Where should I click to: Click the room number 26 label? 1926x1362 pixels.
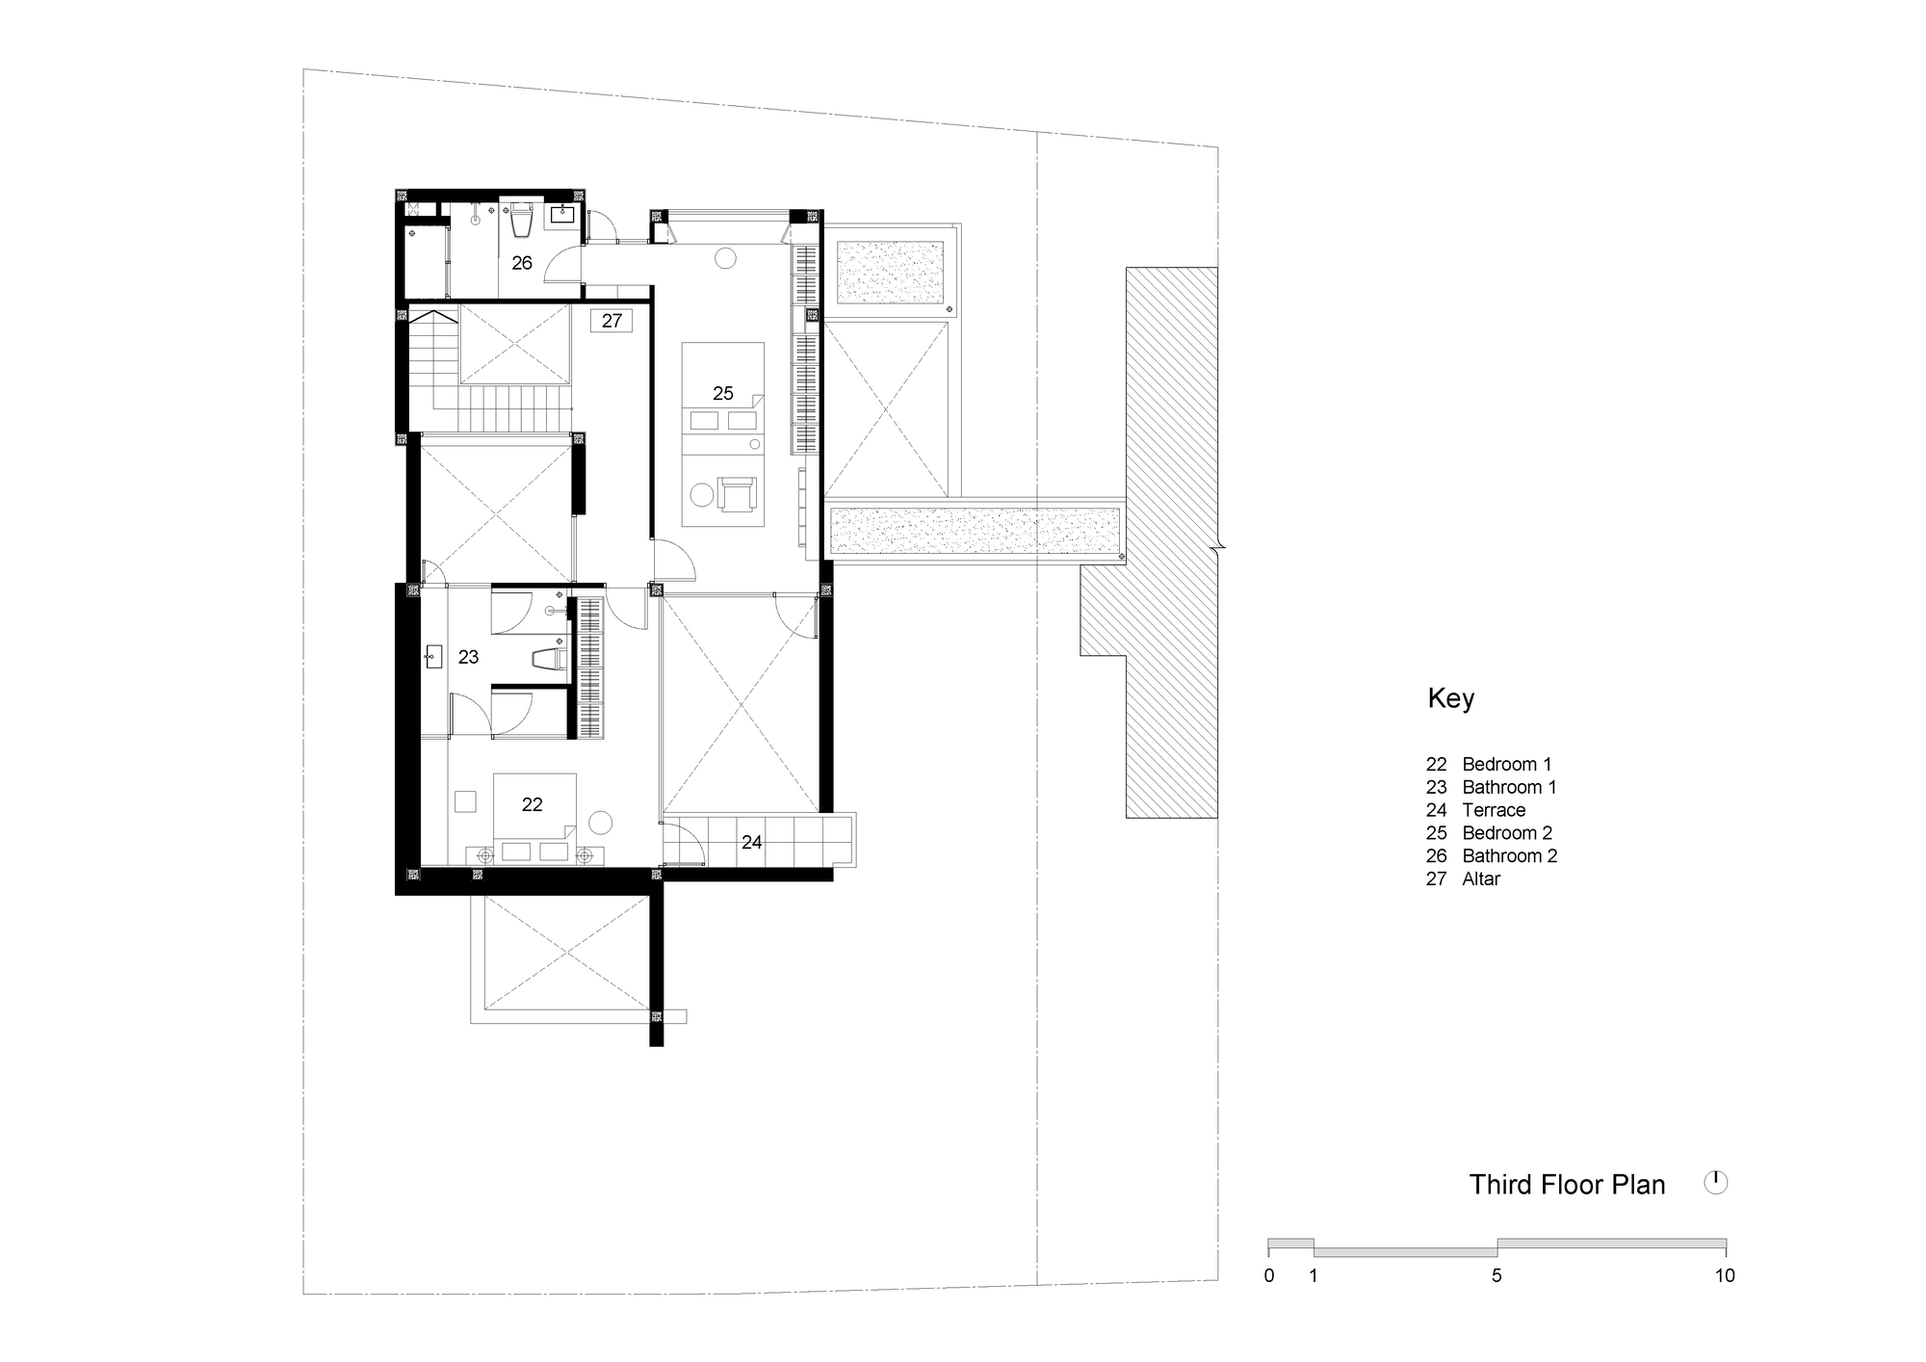[x=522, y=263]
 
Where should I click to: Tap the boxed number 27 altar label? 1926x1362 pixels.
[x=612, y=321]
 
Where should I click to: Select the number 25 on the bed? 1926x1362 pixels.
[x=723, y=393]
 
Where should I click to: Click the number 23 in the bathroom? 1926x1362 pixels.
[x=468, y=657]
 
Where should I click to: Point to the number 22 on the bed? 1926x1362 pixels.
[x=532, y=804]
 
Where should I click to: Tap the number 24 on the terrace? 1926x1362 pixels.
[x=751, y=843]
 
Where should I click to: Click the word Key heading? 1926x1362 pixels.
[x=1450, y=698]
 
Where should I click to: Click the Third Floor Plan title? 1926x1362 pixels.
[x=1567, y=1185]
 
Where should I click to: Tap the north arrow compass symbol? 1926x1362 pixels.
[x=1715, y=1182]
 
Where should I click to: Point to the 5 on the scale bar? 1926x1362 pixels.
[x=1497, y=1275]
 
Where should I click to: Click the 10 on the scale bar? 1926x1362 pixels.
[x=1724, y=1275]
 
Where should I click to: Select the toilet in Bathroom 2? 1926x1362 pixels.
[x=522, y=222]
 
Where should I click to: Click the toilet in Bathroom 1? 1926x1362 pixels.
[x=549, y=659]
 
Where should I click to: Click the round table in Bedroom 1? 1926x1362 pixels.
[x=600, y=824]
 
